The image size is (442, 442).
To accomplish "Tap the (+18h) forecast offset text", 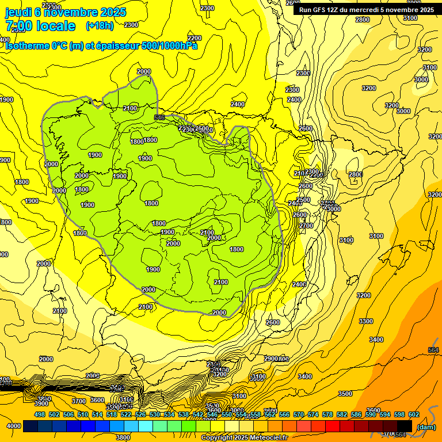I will pyautogui.click(x=99, y=26).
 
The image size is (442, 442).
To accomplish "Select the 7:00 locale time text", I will pyautogui.click(x=40, y=26).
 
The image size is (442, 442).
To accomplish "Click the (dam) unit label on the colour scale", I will pyautogui.click(x=426, y=426).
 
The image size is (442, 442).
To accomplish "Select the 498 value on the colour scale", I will pyautogui.click(x=40, y=414).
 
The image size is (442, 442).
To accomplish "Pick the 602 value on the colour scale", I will pyautogui.click(x=414, y=414).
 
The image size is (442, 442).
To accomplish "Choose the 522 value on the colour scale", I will pyautogui.click(x=126, y=414).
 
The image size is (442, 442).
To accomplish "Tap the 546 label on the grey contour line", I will pyautogui.click(x=159, y=117).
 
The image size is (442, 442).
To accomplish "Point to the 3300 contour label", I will pyautogui.click(x=365, y=321).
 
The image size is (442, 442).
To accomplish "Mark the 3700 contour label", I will pyautogui.click(x=79, y=401).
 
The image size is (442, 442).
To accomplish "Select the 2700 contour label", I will pyautogui.click(x=306, y=226).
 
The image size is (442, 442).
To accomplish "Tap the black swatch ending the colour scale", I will pyautogui.click(x=405, y=426).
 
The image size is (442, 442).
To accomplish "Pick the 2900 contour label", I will pyautogui.click(x=271, y=359).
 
